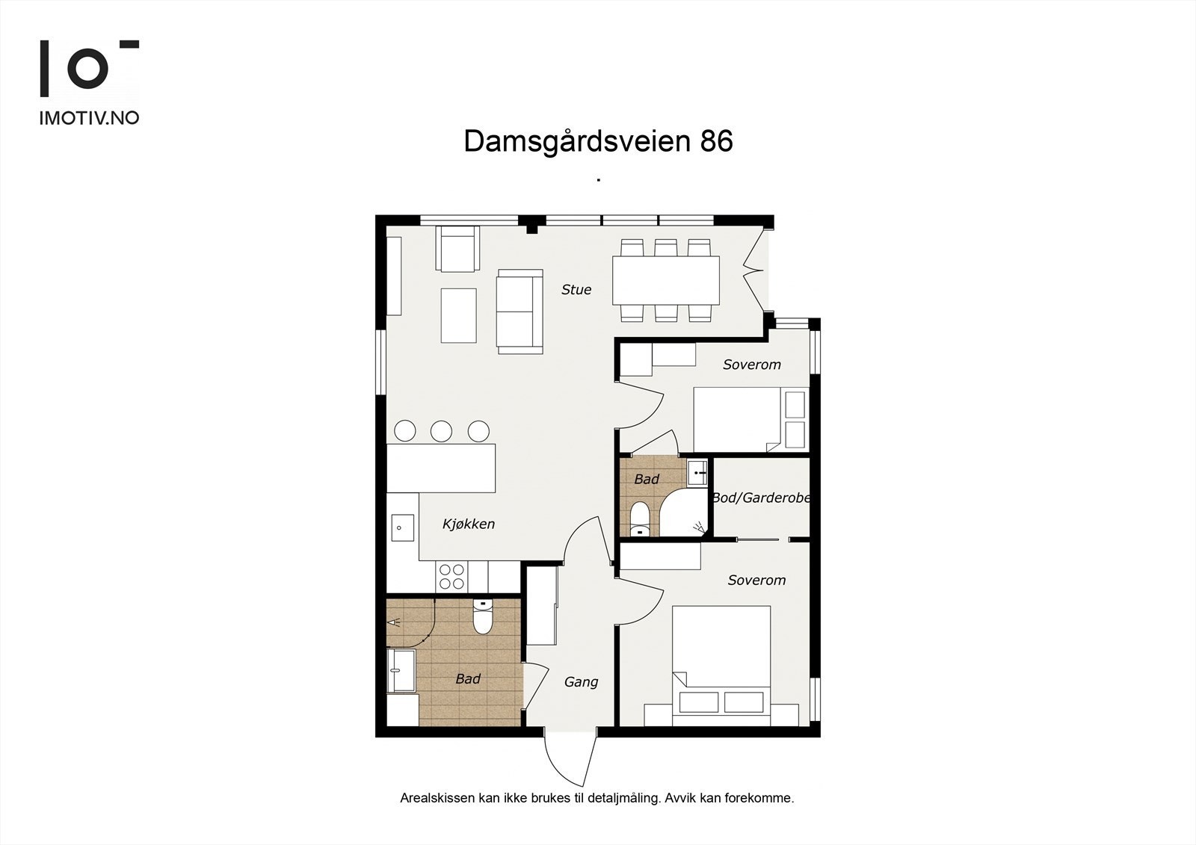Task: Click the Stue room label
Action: (576, 290)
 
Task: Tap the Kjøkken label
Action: (469, 524)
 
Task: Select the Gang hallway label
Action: (581, 682)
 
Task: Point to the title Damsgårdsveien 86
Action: (598, 141)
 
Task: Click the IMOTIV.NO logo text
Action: (89, 118)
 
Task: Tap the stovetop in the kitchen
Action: (451, 577)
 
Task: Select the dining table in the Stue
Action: (665, 280)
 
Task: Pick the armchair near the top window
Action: (457, 250)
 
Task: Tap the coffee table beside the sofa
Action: (458, 315)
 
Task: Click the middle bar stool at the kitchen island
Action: (441, 430)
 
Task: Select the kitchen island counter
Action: (441, 468)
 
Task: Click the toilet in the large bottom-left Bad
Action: (482, 619)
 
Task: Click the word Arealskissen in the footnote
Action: (437, 798)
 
